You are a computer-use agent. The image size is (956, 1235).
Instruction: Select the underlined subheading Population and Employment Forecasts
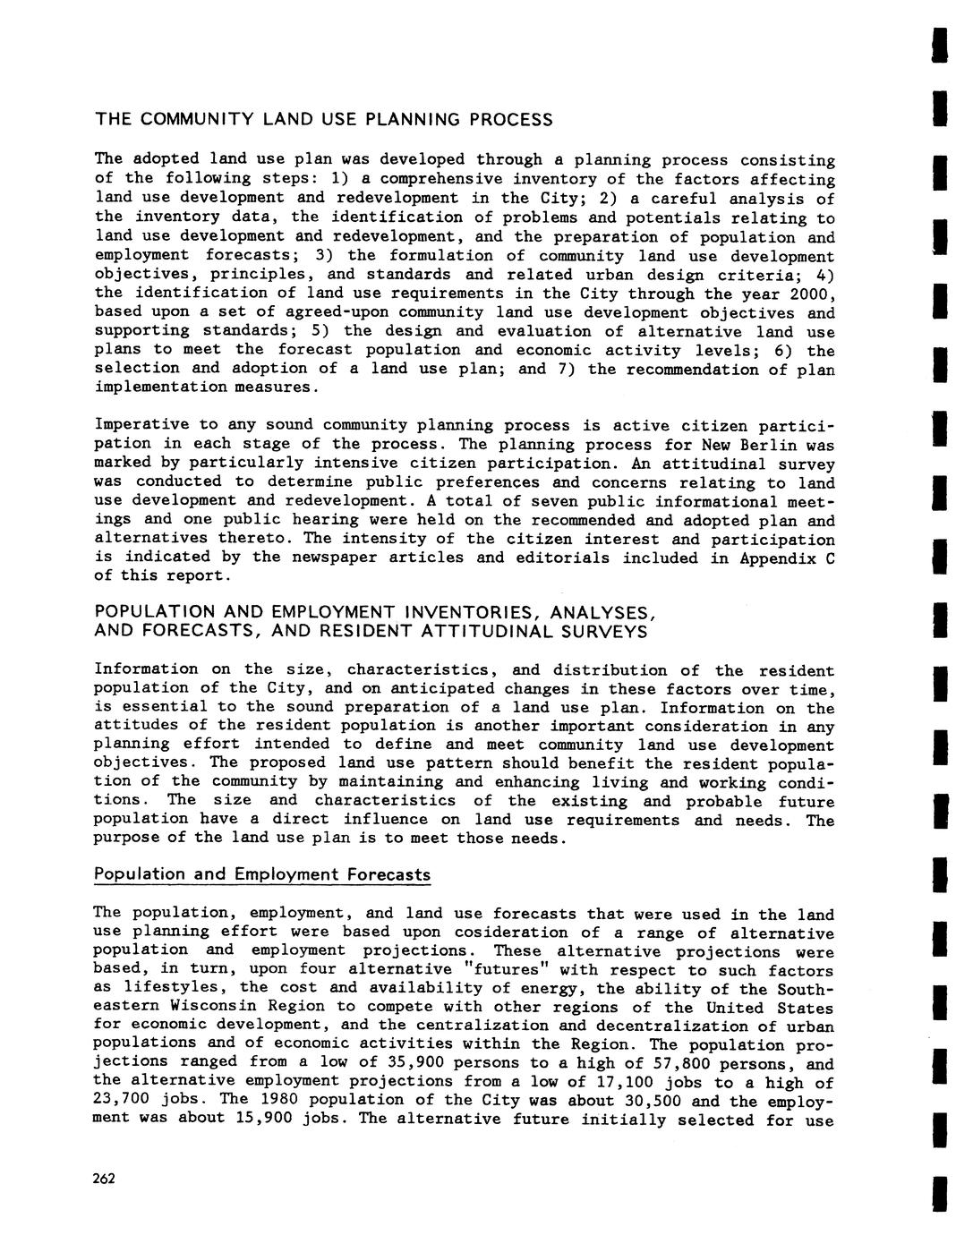(x=262, y=874)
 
